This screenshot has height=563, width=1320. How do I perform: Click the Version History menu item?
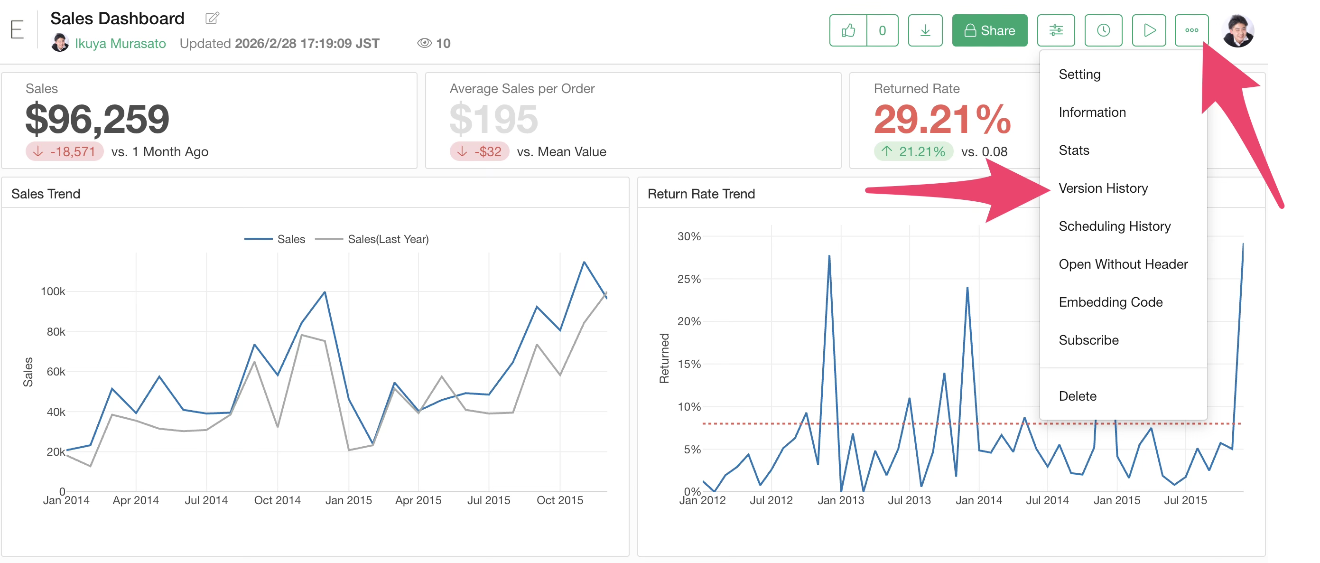click(x=1103, y=188)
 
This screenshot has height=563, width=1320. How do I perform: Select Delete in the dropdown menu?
click(x=1077, y=396)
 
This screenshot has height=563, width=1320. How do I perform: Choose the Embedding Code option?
click(x=1110, y=302)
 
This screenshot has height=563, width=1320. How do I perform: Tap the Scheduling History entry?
click(x=1114, y=226)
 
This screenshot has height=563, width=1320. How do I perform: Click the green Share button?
click(x=989, y=31)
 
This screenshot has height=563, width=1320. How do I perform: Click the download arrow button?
click(x=925, y=31)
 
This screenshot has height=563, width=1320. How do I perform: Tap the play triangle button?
click(x=1148, y=31)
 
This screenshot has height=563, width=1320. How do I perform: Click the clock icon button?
click(x=1103, y=31)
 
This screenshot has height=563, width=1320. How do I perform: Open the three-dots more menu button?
click(x=1191, y=31)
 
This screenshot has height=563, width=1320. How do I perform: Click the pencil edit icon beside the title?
click(x=212, y=19)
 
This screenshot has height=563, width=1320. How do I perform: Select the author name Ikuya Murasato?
click(x=120, y=44)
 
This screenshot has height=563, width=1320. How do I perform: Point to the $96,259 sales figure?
click(x=97, y=119)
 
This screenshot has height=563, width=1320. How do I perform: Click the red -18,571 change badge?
click(x=65, y=152)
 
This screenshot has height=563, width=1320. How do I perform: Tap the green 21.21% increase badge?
click(x=913, y=152)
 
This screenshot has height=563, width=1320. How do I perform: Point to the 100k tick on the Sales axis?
click(x=53, y=291)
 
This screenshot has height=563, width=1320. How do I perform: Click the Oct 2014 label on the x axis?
click(x=277, y=500)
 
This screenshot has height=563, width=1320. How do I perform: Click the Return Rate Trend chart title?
click(x=701, y=194)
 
